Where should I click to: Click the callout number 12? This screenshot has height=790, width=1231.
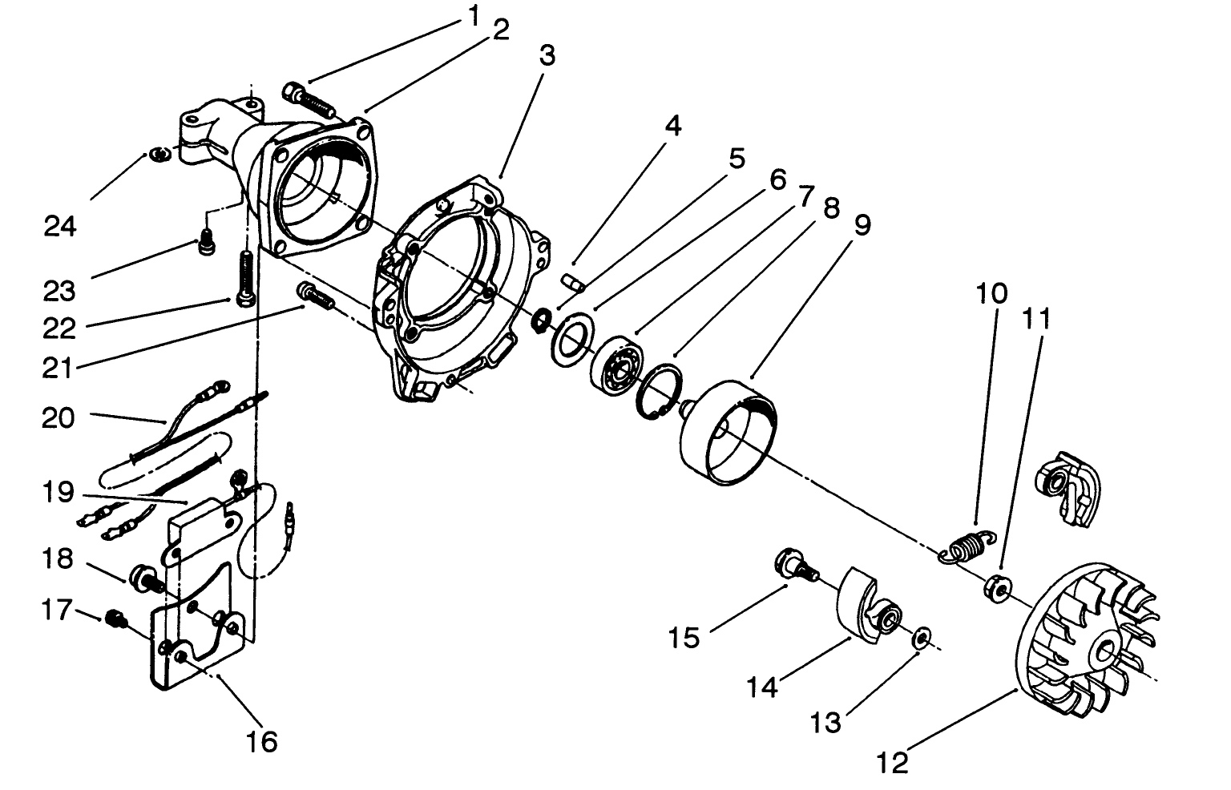coord(892,762)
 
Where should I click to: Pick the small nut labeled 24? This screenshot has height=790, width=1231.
coord(159,154)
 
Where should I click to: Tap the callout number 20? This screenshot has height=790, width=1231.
coord(59,417)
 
